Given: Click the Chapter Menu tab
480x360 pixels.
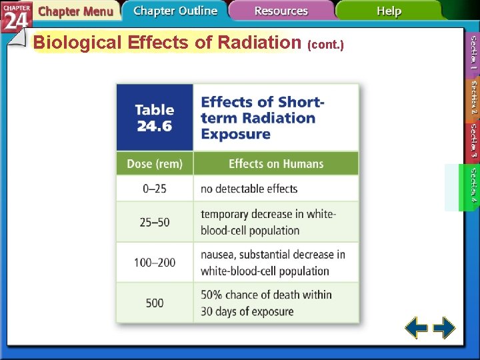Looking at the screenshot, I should pyautogui.click(x=75, y=11).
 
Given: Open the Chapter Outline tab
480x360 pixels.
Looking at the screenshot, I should pyautogui.click(x=175, y=11).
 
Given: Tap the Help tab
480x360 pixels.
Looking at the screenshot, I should pyautogui.click(x=389, y=11).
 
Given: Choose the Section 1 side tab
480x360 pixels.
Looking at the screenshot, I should pyautogui.click(x=473, y=54).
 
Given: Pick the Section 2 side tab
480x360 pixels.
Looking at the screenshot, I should pyautogui.click(x=473, y=99).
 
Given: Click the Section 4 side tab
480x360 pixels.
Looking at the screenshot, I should pyautogui.click(x=472, y=187).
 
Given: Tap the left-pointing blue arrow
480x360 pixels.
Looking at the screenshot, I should pyautogui.click(x=417, y=328).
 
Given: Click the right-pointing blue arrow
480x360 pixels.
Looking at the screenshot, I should pyautogui.click(x=444, y=328).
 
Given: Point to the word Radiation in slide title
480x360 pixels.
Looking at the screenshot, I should pyautogui.click(x=259, y=43).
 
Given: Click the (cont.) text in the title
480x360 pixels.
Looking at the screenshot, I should pyautogui.click(x=325, y=45).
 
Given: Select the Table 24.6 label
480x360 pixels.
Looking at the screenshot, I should pyautogui.click(x=155, y=117).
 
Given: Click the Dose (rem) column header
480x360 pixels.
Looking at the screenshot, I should pyautogui.click(x=155, y=164).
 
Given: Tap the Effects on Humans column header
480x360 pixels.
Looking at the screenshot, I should pyautogui.click(x=275, y=164).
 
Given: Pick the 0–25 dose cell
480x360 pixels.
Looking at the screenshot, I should pyautogui.click(x=155, y=189).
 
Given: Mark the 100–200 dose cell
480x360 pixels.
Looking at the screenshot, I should pyautogui.click(x=155, y=263).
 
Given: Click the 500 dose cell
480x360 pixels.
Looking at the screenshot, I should pyautogui.click(x=155, y=303).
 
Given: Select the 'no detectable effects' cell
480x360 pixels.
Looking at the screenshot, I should pyautogui.click(x=249, y=189).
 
